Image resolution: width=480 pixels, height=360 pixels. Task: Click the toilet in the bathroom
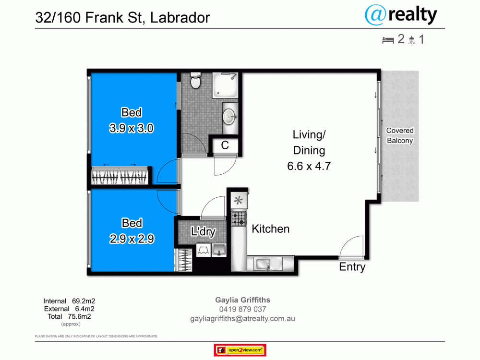195,81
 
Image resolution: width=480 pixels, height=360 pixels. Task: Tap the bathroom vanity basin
229,117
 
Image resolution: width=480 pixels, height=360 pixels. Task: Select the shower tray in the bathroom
225,85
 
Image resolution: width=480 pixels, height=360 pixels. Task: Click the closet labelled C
225,145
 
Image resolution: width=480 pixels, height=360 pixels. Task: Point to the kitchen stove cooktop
239,219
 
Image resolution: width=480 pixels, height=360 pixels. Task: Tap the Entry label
352,267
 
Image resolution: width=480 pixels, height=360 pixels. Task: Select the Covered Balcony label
400,136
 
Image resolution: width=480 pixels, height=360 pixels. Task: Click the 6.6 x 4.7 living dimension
309,166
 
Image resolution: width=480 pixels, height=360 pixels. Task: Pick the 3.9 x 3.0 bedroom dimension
132,128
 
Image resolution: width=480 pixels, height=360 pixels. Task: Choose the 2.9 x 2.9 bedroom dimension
132,239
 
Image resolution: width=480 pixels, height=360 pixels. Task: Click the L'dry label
203,231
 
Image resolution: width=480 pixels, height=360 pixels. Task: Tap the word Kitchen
271,229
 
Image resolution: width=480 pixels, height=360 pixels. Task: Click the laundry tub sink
218,250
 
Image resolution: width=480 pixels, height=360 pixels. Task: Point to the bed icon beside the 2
388,40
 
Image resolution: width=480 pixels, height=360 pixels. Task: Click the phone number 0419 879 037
243,309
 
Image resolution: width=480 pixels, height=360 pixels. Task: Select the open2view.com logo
240,350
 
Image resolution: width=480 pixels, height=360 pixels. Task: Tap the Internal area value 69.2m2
84,301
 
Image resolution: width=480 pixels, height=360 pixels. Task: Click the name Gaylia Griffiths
243,300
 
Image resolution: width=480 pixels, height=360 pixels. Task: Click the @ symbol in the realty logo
375,15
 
